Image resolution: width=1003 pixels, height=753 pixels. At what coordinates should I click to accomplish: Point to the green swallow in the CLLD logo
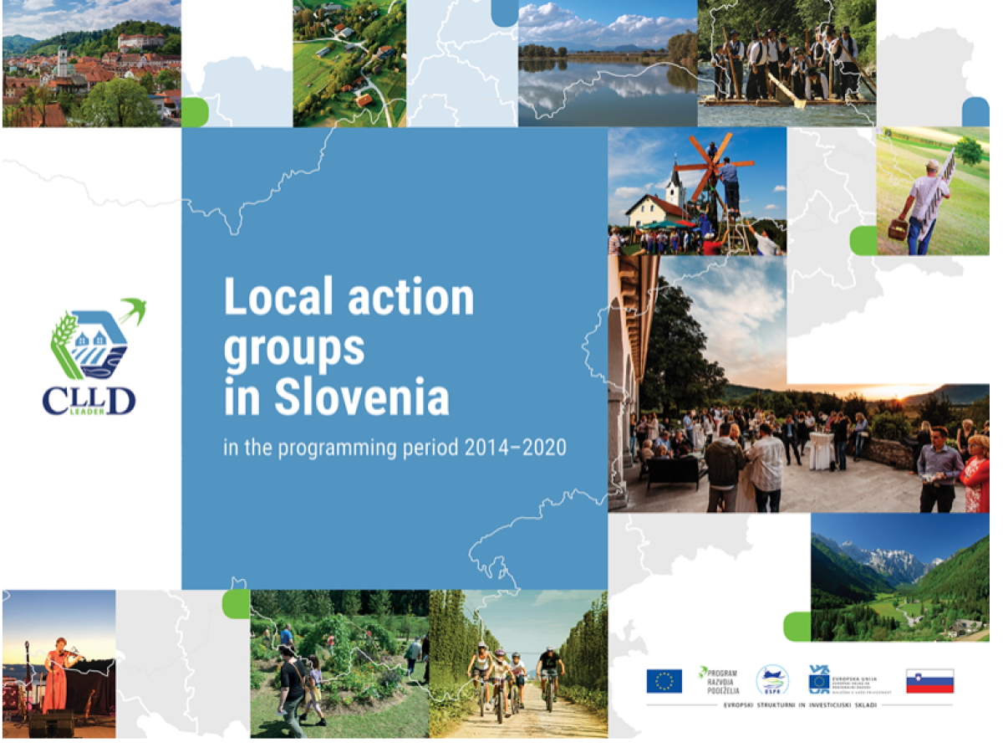click(x=133, y=310)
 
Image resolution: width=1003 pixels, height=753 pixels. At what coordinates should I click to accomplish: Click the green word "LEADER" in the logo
click(x=89, y=410)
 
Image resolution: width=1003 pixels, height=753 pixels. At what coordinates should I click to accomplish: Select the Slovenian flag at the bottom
click(x=929, y=681)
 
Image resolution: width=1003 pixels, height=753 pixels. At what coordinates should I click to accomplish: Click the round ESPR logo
click(x=771, y=680)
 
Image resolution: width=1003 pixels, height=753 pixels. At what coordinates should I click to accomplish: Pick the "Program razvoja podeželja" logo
click(x=718, y=680)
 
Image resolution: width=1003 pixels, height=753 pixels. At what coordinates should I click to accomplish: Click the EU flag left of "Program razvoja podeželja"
click(x=664, y=681)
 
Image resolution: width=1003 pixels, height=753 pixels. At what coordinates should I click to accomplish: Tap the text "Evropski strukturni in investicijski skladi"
click(x=800, y=705)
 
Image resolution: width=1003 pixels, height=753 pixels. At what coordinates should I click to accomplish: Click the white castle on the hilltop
click(x=140, y=41)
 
